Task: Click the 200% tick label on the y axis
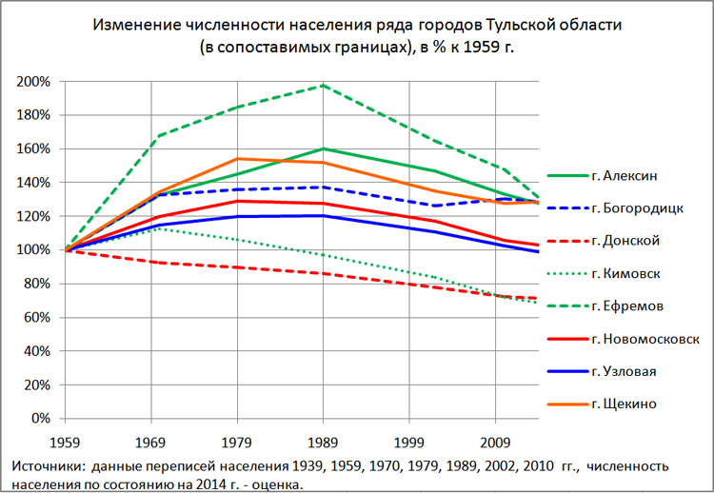point(33,82)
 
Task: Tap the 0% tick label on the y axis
point(40,418)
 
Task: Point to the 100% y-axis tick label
point(33,250)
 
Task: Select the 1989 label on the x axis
point(323,443)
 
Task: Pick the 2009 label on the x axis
point(494,443)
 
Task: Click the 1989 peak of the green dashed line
point(323,86)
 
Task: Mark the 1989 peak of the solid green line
point(323,148)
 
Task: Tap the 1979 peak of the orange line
point(237,159)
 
